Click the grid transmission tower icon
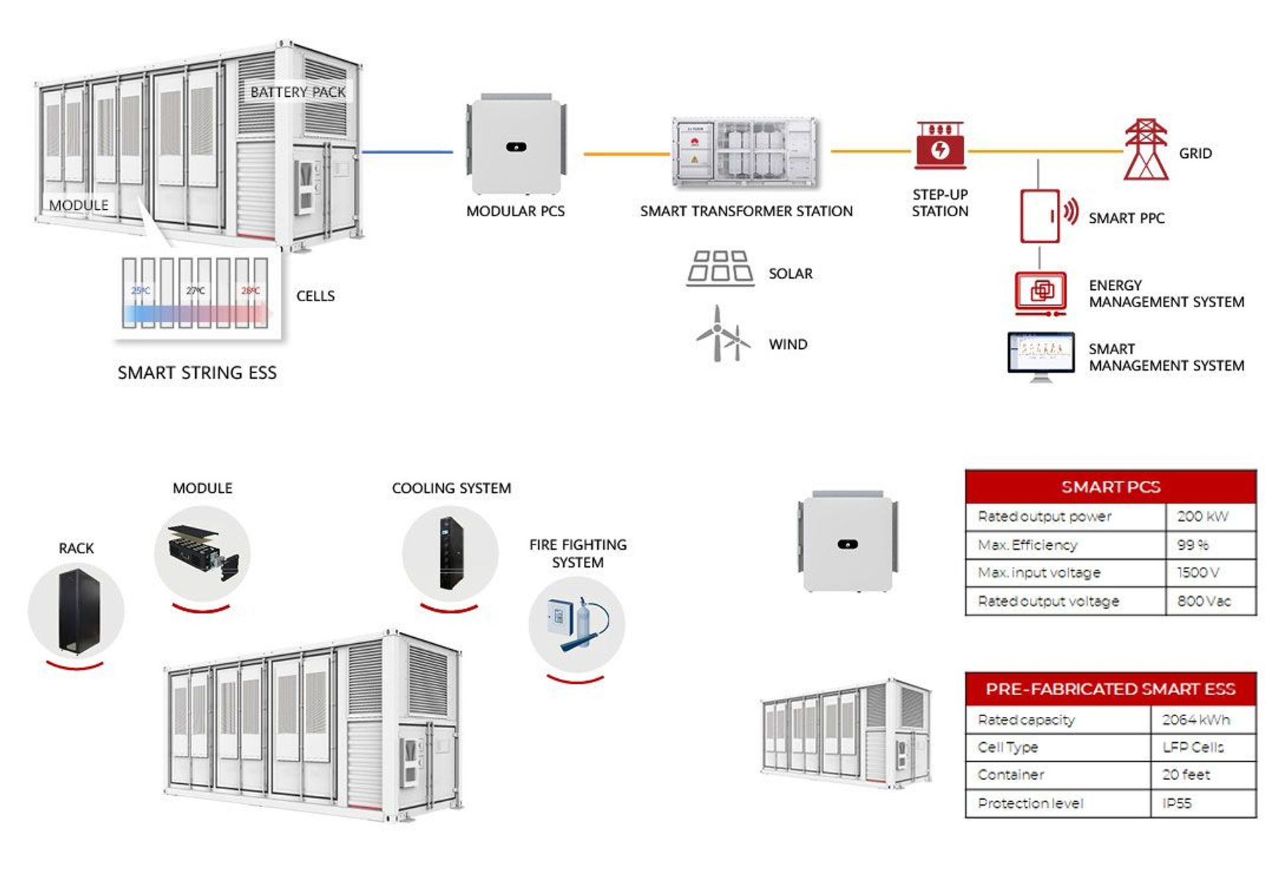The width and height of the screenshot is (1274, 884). [1146, 150]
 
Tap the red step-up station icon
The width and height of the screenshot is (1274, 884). [940, 146]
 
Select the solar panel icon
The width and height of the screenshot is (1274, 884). [720, 268]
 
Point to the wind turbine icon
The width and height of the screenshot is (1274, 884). [721, 335]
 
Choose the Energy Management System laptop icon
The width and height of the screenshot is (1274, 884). [1040, 292]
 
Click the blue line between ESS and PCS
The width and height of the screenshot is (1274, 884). [407, 152]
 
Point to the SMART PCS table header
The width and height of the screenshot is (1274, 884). [1110, 487]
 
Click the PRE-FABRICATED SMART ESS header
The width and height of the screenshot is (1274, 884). [1110, 689]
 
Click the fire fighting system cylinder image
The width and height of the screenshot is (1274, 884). [577, 624]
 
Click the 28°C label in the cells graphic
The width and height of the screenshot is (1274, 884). [251, 290]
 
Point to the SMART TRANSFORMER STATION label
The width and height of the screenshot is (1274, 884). [746, 212]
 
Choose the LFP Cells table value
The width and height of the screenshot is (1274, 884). [1192, 747]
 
